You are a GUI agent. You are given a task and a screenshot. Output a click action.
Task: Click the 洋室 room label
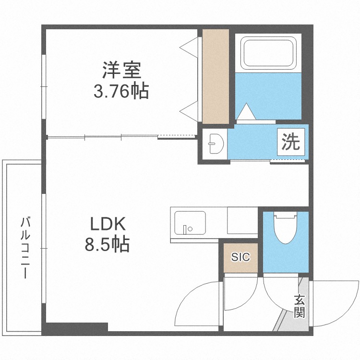tap(121, 70)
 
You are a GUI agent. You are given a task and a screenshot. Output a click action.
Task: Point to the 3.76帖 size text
tap(121, 91)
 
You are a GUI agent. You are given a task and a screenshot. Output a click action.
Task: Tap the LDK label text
tap(108, 224)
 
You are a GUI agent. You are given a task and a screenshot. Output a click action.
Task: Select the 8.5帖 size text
tap(107, 244)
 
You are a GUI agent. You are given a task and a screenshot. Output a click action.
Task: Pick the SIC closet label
tap(240, 257)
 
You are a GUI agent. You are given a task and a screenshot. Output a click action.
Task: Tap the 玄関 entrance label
tap(300, 306)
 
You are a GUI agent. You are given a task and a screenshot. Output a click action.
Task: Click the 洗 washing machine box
tap(291, 142)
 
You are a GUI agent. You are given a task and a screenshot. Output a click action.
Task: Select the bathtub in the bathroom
tap(268, 53)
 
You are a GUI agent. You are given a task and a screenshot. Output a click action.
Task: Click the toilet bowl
tap(285, 228)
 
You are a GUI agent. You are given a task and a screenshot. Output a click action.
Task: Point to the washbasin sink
tap(216, 144)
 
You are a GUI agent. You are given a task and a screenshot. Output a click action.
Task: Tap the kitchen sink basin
tap(190, 223)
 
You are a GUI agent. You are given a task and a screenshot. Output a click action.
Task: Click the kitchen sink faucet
tap(185, 229)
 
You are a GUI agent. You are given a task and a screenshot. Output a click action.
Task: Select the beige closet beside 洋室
tap(216, 76)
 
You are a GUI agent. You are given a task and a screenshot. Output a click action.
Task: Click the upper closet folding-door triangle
tap(189, 48)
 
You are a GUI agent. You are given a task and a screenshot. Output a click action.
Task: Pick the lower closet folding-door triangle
tap(189, 111)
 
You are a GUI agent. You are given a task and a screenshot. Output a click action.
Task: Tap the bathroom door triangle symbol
tap(246, 111)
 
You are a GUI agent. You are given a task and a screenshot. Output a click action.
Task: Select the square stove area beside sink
tap(242, 220)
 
